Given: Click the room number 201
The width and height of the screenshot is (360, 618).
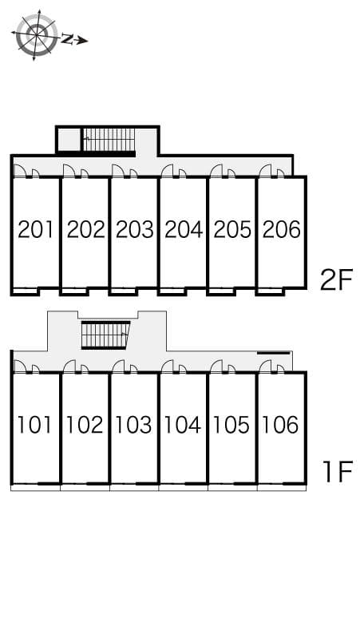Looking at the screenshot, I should point(36,230).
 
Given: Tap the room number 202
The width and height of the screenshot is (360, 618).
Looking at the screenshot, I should point(85,230).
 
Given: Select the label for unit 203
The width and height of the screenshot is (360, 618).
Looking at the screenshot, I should point(134,230).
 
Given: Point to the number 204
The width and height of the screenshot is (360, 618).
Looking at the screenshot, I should point(184,230).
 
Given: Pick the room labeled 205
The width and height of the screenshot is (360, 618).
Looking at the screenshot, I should point(232,230).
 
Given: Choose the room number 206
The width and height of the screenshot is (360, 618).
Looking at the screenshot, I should point(281,230).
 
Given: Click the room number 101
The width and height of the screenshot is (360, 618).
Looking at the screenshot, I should point(36,425).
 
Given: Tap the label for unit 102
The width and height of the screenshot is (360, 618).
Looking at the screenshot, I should point(85,425).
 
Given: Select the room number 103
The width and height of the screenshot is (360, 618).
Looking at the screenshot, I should point(134,425).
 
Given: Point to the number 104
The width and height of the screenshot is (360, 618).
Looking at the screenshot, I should point(184,425).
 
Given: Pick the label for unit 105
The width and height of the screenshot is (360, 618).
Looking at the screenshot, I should point(232,425).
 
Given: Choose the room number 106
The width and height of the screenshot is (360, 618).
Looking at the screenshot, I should point(281,425).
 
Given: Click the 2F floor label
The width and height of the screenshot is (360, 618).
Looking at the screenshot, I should point(335,279).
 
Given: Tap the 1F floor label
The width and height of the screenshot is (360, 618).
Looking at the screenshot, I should point(337,472).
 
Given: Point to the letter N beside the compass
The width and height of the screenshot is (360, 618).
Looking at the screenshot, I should point(69,38).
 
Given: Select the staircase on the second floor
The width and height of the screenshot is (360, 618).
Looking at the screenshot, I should point(109,140).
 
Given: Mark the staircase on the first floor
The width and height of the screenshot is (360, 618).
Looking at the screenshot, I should point(105,335).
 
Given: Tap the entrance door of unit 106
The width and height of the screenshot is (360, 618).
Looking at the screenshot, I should point(267,366).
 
